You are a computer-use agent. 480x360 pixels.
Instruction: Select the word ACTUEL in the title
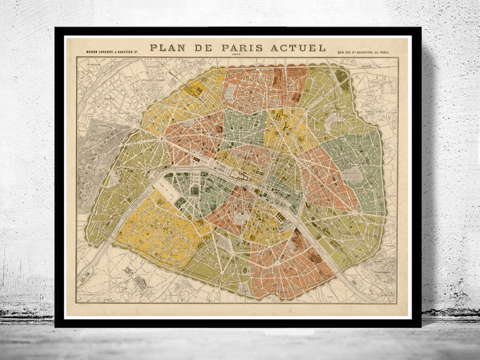[300, 47]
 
